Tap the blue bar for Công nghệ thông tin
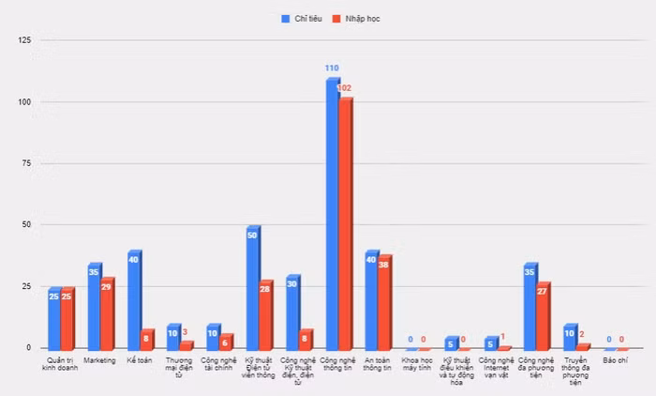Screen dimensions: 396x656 point(332,216)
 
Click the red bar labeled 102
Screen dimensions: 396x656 point(345,225)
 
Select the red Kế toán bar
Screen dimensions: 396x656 point(146,340)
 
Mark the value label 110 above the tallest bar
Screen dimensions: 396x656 point(332,69)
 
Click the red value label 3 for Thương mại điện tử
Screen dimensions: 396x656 point(185,332)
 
